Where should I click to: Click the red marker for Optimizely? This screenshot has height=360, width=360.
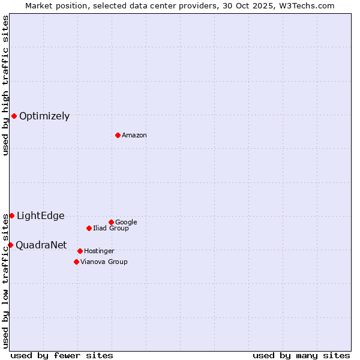tap(14, 116)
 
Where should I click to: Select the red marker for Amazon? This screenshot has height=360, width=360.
tap(118, 135)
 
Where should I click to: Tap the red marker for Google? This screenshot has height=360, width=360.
tap(111, 222)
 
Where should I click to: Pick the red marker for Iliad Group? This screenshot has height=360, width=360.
tap(89, 228)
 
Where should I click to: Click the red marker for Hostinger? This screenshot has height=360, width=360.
tap(80, 251)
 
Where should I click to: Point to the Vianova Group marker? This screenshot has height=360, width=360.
tap(76, 262)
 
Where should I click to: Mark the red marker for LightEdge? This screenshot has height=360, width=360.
tap(11, 215)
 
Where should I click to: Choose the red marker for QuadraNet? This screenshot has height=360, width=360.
tap(10, 245)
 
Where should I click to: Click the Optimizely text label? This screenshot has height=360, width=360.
tap(44, 116)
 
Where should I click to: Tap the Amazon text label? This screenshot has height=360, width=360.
tap(134, 136)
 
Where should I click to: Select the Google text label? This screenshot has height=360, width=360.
tap(126, 223)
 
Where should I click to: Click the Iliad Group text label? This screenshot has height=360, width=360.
tap(111, 229)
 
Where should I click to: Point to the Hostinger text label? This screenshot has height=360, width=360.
tap(99, 251)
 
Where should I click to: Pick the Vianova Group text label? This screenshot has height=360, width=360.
tap(104, 262)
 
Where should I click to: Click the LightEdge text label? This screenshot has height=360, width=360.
tap(40, 216)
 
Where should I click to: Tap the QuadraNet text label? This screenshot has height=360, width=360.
tap(41, 245)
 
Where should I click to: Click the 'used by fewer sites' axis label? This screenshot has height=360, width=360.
tap(62, 355)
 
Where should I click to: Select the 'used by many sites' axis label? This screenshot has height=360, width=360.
tap(301, 355)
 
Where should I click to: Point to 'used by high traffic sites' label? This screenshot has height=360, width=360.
tap(5, 85)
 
